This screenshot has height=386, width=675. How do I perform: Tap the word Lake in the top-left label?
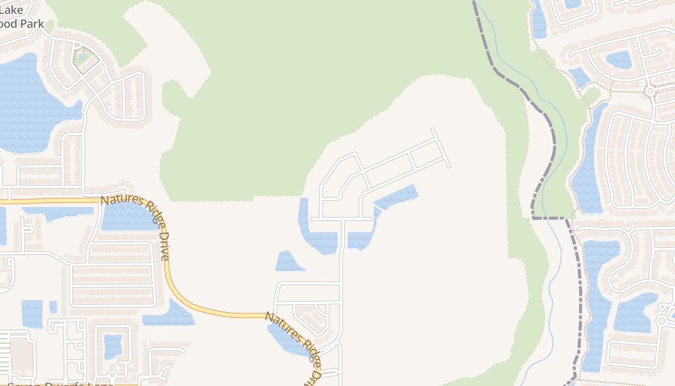(9, 9)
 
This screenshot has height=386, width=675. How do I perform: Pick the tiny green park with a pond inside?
(82, 57)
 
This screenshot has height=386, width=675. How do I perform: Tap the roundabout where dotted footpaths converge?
(649, 90)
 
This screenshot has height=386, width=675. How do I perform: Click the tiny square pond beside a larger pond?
(53, 307)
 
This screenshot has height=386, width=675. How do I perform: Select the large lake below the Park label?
(29, 106)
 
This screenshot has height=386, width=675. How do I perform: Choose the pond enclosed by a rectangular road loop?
(113, 346)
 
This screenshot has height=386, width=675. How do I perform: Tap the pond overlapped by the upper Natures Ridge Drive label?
(128, 217)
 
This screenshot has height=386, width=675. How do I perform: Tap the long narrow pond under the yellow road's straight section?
(58, 211)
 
